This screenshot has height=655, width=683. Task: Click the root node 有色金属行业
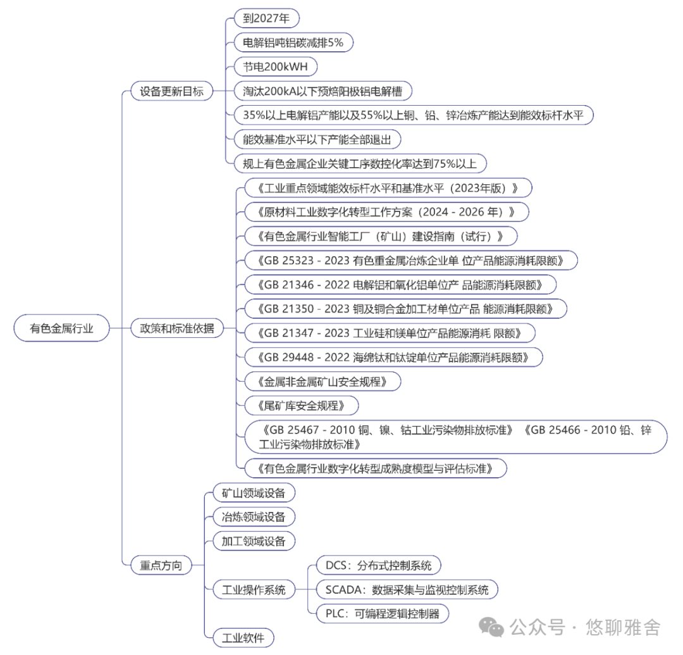61,328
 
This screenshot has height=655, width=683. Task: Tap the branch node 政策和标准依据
176,328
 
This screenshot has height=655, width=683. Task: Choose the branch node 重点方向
161,565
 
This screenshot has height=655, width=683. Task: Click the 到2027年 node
266,18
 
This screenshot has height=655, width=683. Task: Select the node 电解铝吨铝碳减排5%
293,42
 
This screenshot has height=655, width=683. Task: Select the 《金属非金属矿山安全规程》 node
321,381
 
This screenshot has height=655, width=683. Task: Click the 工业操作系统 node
250,590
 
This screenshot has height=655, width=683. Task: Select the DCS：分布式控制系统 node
378,565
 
